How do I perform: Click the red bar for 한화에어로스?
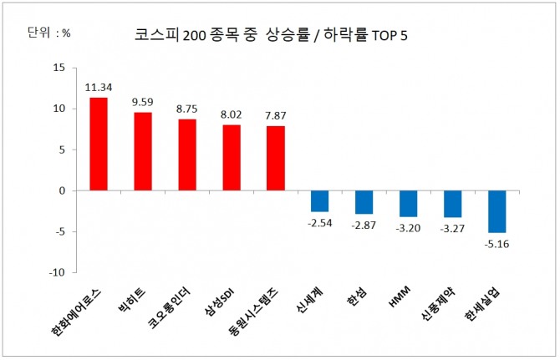(99, 144)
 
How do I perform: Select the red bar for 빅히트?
(143, 151)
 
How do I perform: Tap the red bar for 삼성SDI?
(232, 158)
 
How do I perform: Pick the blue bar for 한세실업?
(497, 211)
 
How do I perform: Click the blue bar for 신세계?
(319, 200)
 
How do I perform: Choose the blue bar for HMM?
(408, 204)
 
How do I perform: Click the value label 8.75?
(187, 108)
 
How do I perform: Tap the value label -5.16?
(497, 244)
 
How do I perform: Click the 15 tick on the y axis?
(59, 68)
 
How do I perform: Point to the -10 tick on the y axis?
(57, 272)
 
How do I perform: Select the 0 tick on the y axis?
(62, 190)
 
